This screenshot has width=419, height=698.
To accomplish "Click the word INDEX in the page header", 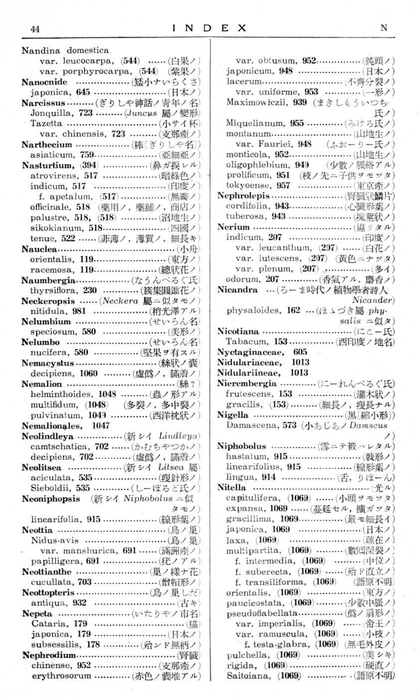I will pyautogui.click(x=209, y=28).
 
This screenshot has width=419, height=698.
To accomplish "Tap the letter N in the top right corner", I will pyautogui.click(x=384, y=28).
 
